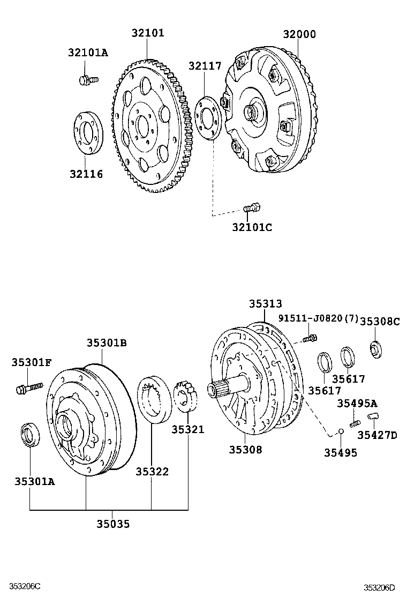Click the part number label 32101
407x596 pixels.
[x=148, y=33]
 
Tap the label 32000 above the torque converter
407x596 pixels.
[x=299, y=34]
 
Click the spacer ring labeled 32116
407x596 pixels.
[x=86, y=132]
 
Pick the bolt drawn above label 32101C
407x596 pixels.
[x=252, y=207]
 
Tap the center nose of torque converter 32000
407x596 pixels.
[x=251, y=113]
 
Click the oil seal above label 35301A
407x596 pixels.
[x=30, y=434]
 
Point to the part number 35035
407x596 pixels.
[x=113, y=524]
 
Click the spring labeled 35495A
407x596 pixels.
[x=354, y=423]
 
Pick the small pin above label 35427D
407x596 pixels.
[x=373, y=417]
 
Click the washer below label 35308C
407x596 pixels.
[x=375, y=348]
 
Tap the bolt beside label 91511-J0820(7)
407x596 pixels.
[x=310, y=338]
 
